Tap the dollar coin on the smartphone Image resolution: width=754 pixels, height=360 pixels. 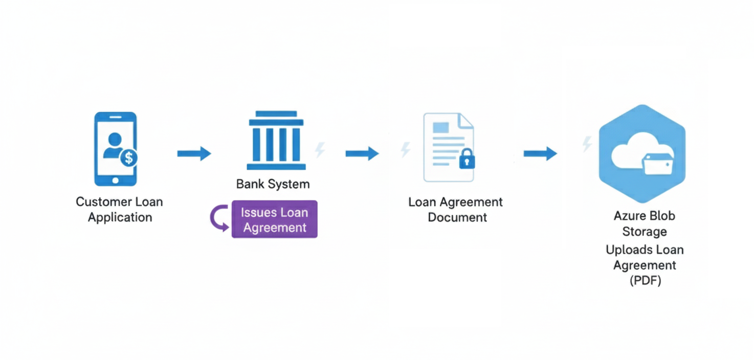tap(128, 158)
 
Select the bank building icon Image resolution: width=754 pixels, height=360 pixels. tap(276, 140)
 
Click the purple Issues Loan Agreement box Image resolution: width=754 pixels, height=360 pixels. tap(275, 219)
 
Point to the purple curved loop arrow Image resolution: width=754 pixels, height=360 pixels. tap(218, 218)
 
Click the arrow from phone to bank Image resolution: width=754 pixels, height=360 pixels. tap(194, 153)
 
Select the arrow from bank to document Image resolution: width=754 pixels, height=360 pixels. tap(362, 153)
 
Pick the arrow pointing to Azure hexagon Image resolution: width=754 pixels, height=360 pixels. tap(540, 153)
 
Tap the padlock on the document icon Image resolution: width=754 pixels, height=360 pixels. tap(467, 160)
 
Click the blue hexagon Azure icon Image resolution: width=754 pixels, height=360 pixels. tap(642, 153)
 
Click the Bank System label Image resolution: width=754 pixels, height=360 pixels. tap(273, 184)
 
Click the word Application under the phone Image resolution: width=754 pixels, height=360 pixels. tap(120, 217)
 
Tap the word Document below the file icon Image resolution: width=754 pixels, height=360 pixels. tap(457, 217)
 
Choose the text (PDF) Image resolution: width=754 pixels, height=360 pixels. tap(645, 281)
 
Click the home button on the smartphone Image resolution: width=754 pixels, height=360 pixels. tap(115, 180)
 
